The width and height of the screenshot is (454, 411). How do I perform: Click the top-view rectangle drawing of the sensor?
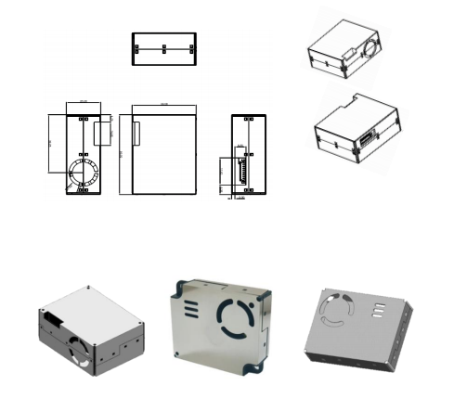pos(163,48)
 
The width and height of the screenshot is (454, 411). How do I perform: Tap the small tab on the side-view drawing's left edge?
pos(136,132)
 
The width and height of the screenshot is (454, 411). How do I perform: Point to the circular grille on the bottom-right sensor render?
pos(335,315)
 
